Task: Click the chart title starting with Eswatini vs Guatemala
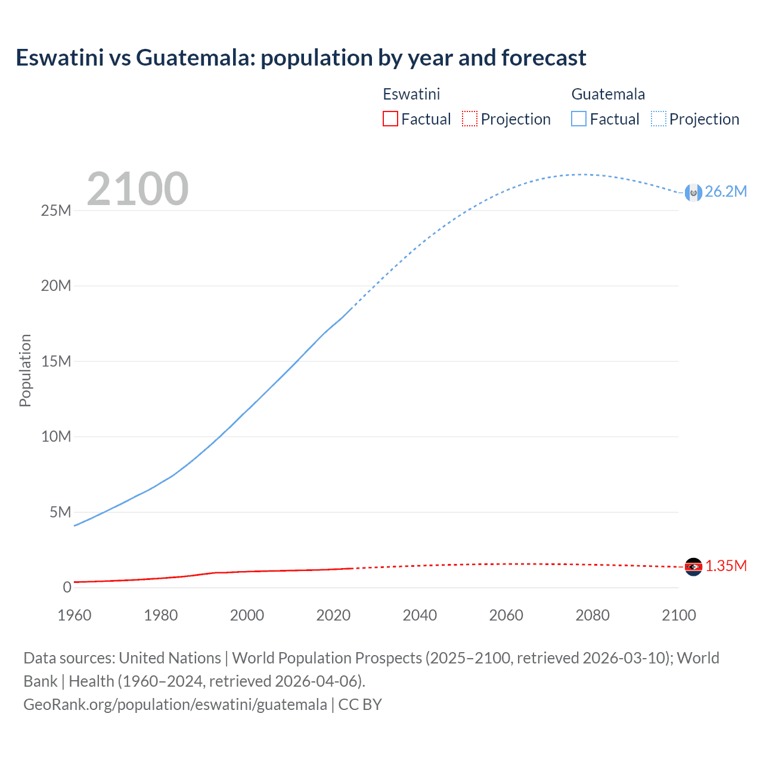[301, 58]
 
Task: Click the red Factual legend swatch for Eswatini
[390, 119]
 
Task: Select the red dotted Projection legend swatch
[470, 119]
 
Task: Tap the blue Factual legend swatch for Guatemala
[578, 119]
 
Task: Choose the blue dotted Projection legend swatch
[658, 119]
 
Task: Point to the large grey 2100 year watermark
[138, 189]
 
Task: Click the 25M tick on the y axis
[56, 210]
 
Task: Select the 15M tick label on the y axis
[56, 361]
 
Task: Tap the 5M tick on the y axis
[60, 512]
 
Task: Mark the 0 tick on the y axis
[67, 587]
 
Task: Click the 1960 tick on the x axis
[75, 615]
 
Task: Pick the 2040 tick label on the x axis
[420, 615]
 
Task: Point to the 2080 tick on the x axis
[593, 615]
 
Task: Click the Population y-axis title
[25, 370]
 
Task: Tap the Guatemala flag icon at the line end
[693, 193]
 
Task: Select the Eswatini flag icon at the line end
[693, 567]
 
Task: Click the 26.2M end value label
[725, 191]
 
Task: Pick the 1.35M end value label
[726, 566]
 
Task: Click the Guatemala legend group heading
[608, 94]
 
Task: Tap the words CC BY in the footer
[360, 704]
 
